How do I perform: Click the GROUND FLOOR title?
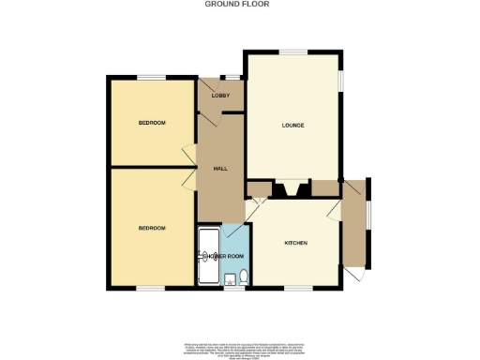point(239,4)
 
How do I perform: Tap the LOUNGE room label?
point(292,125)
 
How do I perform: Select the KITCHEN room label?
point(296,243)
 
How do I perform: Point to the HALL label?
point(220,168)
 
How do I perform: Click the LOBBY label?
point(220,96)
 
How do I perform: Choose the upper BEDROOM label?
point(152,123)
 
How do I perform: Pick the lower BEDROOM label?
point(152,228)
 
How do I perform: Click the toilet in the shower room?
point(243,276)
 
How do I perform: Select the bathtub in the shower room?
point(208,256)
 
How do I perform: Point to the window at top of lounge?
point(293,52)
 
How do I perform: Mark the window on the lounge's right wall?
point(341,81)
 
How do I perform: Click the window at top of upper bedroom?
point(151,76)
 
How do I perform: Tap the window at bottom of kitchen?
point(299,287)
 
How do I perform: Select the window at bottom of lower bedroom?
point(151,287)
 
